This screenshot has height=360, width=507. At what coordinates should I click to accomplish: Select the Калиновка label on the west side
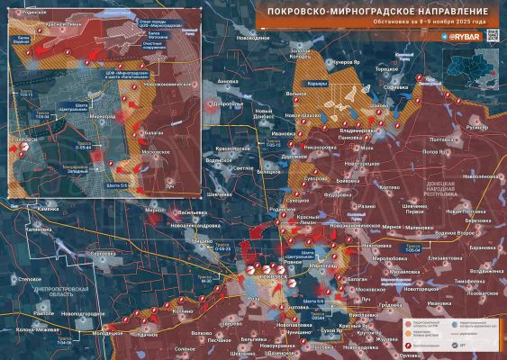[x=41, y=229]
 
